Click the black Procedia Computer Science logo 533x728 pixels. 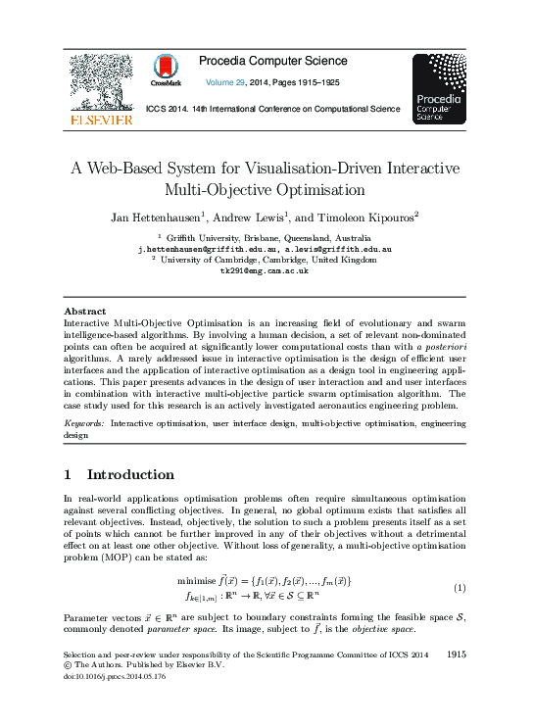[x=438, y=88]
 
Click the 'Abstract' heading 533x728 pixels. [x=85, y=310]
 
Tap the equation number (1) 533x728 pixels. [x=459, y=587]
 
